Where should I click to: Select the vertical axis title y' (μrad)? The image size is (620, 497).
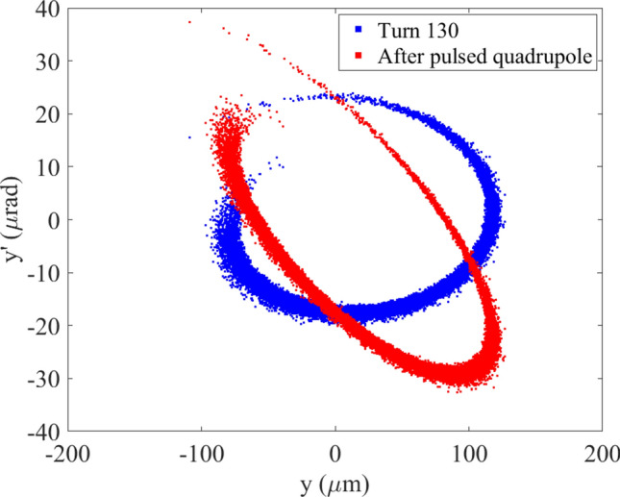pos(15,219)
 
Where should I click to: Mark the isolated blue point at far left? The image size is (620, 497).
pos(189,137)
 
